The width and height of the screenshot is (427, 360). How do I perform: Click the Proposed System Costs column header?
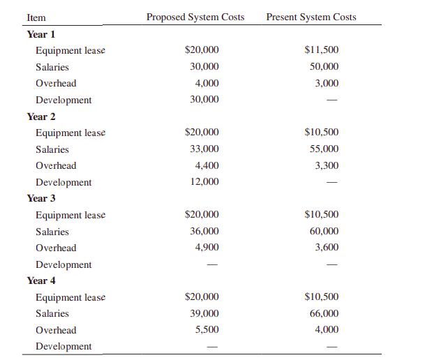195,17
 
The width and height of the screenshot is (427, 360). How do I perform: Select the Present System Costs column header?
311,17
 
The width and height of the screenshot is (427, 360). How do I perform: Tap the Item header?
36,17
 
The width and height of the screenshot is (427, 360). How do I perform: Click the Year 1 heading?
41,33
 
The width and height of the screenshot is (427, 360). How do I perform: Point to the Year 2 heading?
41,116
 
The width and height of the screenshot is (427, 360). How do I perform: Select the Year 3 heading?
41,198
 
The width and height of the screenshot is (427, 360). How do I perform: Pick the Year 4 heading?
41,280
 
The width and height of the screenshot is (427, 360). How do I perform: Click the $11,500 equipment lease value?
322,50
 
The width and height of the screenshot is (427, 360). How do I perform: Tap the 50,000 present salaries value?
324,67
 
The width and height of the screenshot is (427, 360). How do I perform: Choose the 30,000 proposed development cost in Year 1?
204,100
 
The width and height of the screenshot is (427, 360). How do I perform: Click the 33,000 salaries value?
204,149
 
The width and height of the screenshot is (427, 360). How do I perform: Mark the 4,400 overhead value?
207,165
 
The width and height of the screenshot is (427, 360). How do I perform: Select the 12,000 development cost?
204,182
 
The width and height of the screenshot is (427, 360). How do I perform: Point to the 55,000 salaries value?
324,149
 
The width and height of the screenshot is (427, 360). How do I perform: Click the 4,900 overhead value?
207,248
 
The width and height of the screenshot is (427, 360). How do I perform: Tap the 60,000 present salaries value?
324,232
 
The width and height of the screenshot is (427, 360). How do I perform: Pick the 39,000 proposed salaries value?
204,314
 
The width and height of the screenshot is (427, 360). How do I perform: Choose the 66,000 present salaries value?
324,314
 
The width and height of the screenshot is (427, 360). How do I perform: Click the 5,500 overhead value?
207,330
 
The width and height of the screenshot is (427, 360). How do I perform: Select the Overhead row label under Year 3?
56,248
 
